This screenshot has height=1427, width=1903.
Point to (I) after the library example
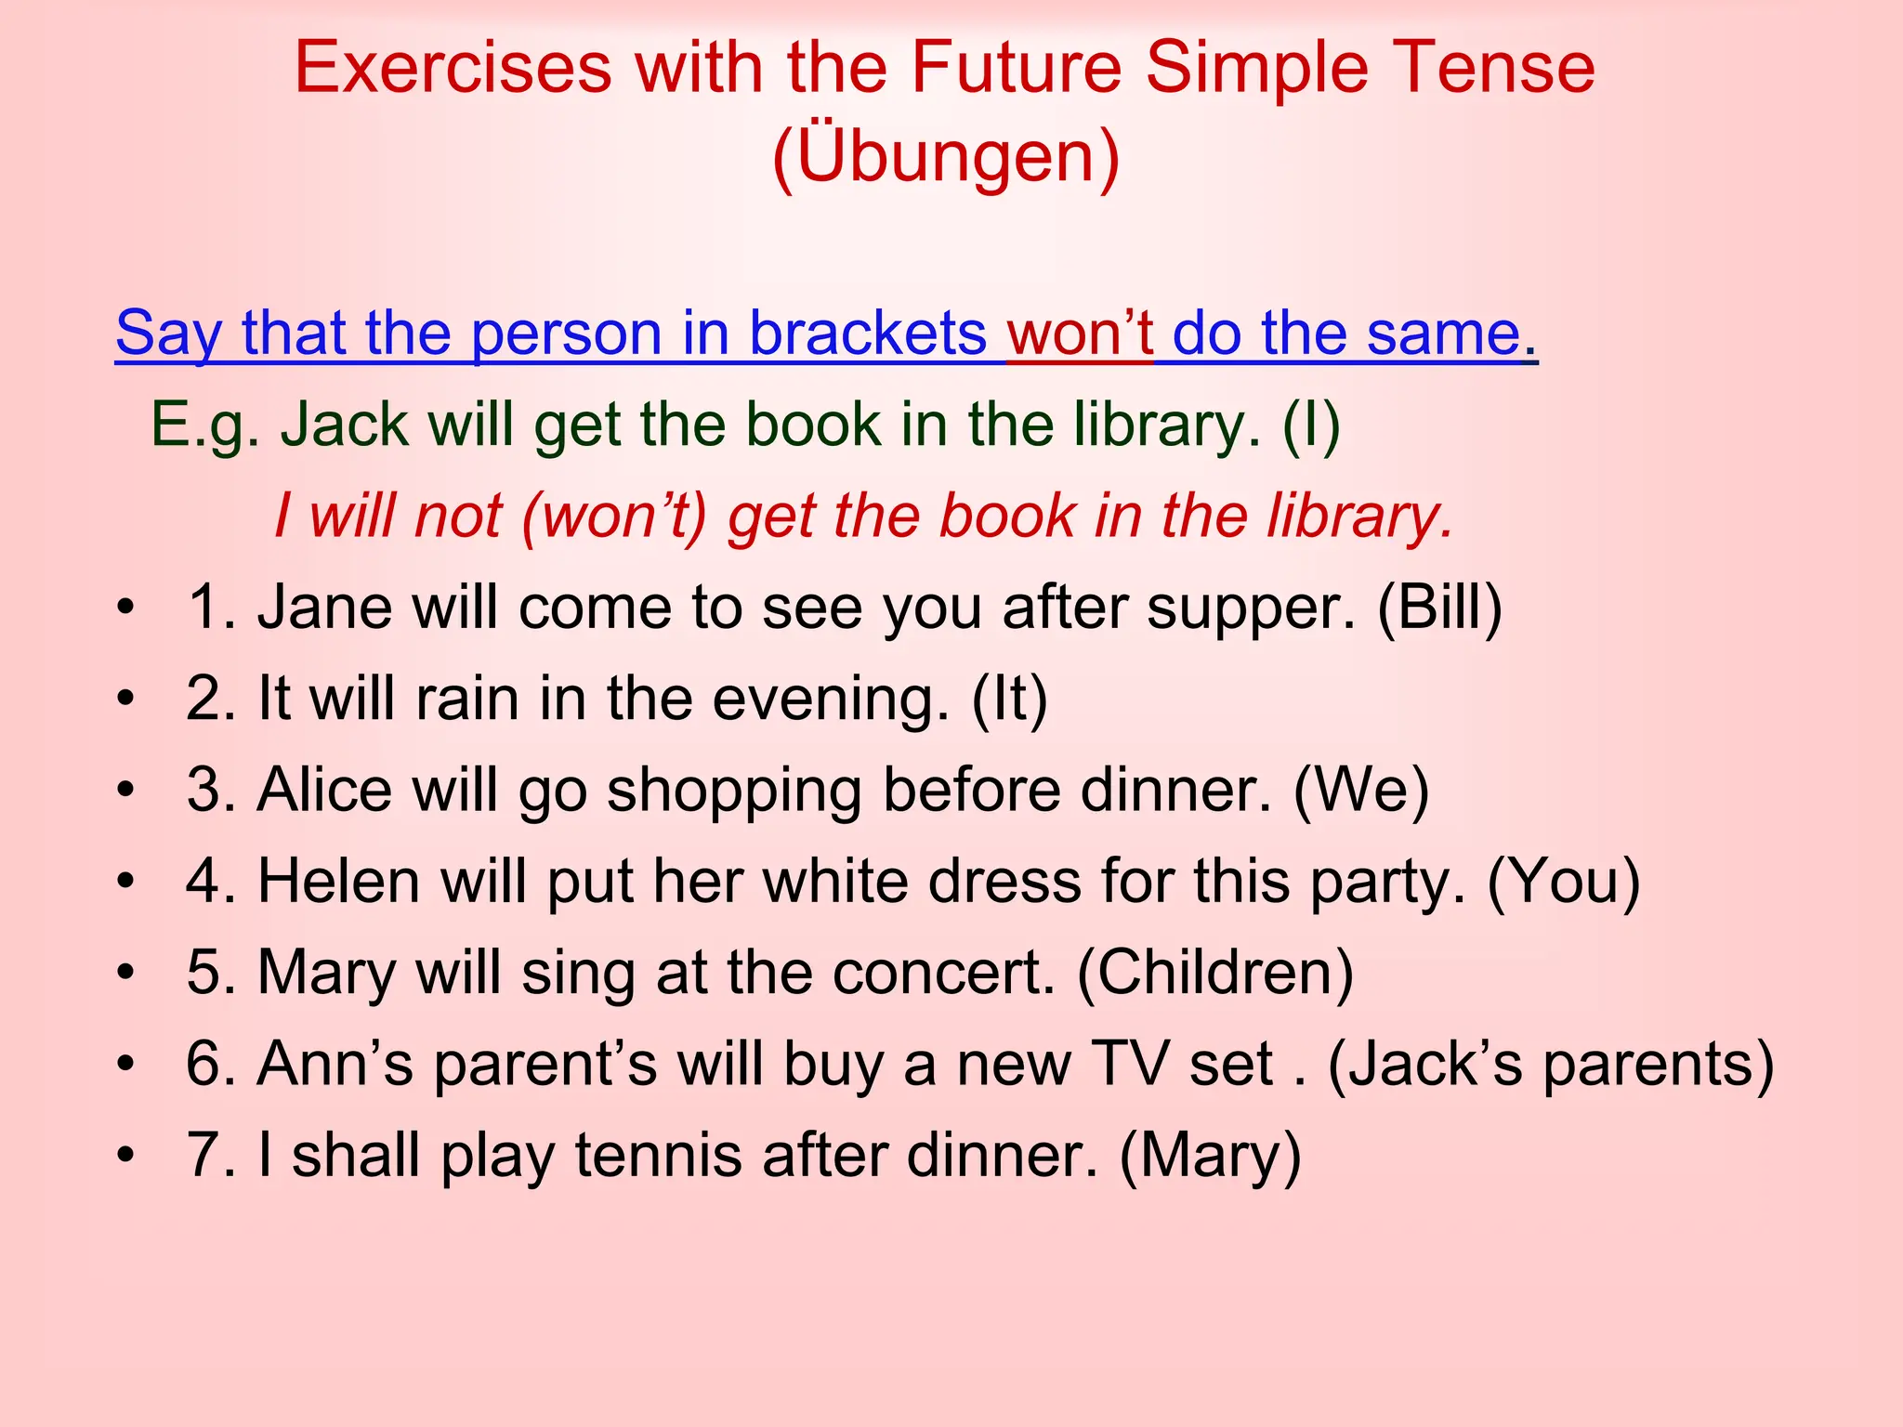click(1311, 425)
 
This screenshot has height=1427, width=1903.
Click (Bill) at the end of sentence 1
click(1439, 608)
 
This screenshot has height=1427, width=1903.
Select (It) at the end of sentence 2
click(1009, 699)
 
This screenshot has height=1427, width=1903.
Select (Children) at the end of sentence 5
click(1215, 973)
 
